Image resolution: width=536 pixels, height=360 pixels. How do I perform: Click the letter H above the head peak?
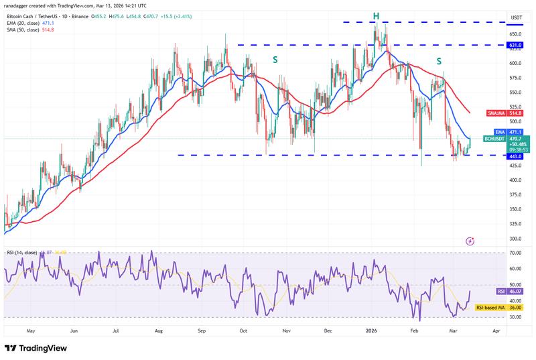point(376,15)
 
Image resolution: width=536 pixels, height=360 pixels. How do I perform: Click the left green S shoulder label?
point(275,60)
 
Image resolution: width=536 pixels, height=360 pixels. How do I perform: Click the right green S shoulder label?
point(439,61)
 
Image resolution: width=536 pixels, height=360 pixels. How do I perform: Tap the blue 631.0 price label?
point(515,46)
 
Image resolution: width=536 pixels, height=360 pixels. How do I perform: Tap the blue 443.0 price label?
point(515,156)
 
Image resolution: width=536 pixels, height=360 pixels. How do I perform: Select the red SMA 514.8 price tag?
point(515,113)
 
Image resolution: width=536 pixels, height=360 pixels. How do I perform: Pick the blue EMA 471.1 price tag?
point(515,132)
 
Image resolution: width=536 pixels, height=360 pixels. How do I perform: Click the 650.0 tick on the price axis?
point(515,34)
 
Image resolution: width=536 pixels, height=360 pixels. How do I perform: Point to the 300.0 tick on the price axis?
point(515,239)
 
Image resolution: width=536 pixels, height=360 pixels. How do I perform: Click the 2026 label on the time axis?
point(371,331)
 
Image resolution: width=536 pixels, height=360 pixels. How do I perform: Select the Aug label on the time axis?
point(158,331)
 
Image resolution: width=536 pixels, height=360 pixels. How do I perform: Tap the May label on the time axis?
point(31,331)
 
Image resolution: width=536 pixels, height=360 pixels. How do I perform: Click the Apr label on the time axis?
point(496,331)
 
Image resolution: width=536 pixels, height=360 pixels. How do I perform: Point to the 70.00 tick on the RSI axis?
point(515,253)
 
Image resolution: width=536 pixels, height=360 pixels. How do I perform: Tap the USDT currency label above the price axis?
point(517,17)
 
